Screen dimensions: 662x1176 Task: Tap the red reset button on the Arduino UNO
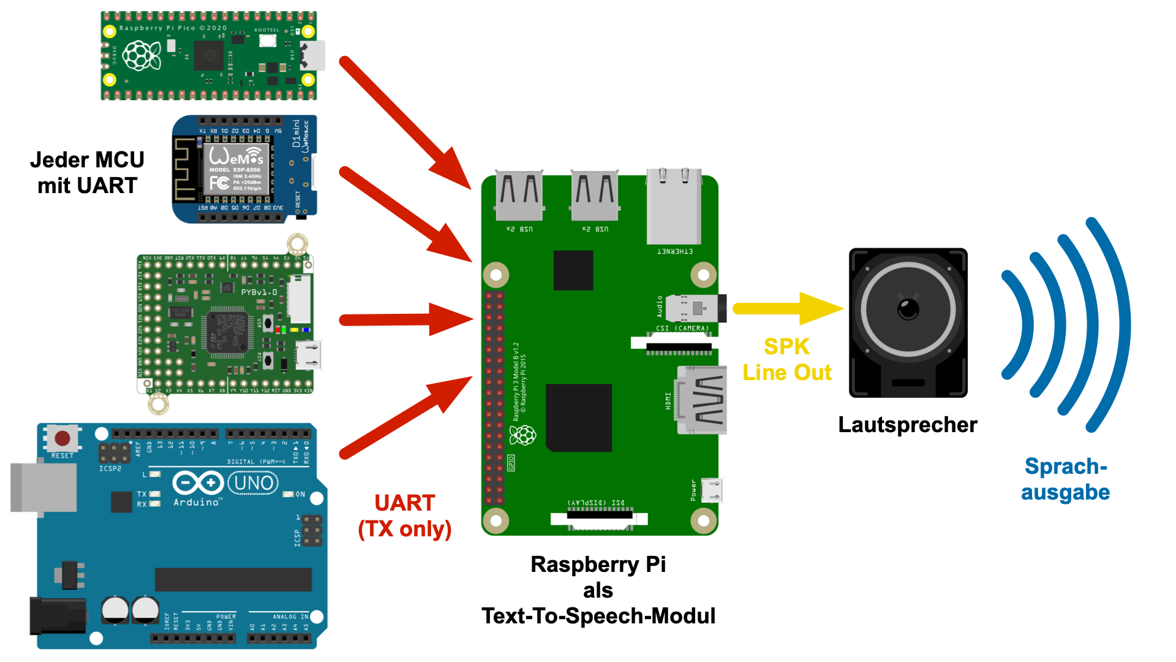(62, 438)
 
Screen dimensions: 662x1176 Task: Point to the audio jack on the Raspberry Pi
(696, 308)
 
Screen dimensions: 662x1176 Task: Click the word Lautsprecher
(907, 425)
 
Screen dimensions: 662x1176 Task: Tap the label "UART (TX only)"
(405, 516)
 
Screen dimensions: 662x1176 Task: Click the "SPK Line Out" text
(787, 360)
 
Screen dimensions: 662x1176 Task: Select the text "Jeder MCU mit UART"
(87, 173)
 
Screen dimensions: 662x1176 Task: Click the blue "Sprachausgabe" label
(1065, 479)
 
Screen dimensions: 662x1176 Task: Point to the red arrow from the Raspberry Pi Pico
(404, 123)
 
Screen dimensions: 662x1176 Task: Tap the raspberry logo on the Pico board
(141, 56)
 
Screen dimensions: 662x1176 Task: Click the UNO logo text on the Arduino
(254, 483)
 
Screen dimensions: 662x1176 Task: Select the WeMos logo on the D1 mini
(236, 156)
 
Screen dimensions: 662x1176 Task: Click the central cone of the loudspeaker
(908, 309)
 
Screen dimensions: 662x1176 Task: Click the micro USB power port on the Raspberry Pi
(712, 490)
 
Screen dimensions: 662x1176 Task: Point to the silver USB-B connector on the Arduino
(43, 487)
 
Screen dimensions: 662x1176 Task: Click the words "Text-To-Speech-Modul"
(598, 616)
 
